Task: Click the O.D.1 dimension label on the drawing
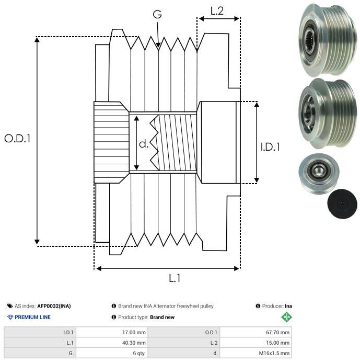(17, 139)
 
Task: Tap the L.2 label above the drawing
(217, 11)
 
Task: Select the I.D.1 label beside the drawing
(270, 148)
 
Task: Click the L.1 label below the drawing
(175, 278)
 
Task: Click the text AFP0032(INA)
(54, 306)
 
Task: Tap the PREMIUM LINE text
(33, 317)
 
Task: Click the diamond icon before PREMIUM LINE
(10, 317)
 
